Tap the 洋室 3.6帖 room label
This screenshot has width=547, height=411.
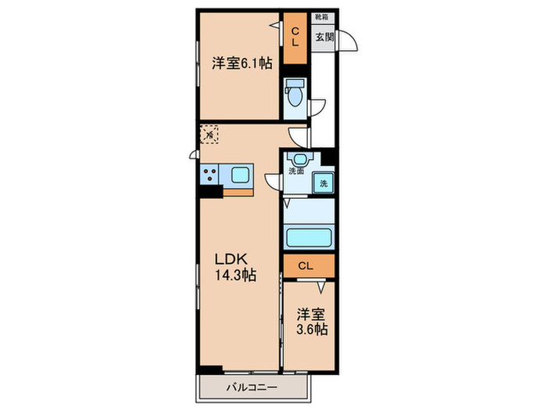click(311, 322)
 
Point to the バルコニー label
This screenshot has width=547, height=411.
click(252, 387)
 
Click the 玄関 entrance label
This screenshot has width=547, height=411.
click(324, 36)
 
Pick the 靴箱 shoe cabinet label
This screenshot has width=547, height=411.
click(321, 16)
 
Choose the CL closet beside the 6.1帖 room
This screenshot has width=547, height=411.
click(295, 37)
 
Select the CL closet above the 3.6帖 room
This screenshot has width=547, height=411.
click(307, 266)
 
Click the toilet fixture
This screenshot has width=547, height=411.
click(295, 95)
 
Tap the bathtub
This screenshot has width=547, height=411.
click(309, 237)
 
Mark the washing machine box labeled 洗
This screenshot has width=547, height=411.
click(323, 184)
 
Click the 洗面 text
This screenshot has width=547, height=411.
click(296, 171)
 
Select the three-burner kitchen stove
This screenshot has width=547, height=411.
click(209, 174)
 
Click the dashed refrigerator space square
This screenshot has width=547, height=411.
click(209, 135)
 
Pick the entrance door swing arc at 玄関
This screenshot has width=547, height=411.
click(348, 41)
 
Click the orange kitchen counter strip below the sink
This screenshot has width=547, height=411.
click(238, 190)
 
